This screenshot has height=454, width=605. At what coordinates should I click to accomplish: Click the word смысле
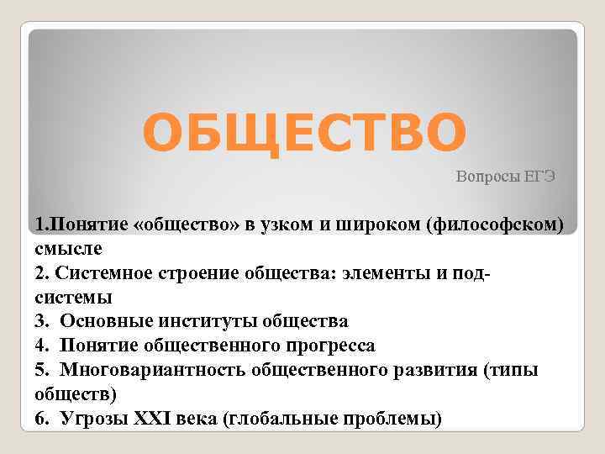[x=68, y=249]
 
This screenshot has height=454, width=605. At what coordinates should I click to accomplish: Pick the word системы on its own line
[x=73, y=298]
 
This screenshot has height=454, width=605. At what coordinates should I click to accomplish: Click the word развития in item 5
[x=433, y=370]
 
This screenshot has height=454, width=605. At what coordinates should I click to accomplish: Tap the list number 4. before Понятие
[x=41, y=346]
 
